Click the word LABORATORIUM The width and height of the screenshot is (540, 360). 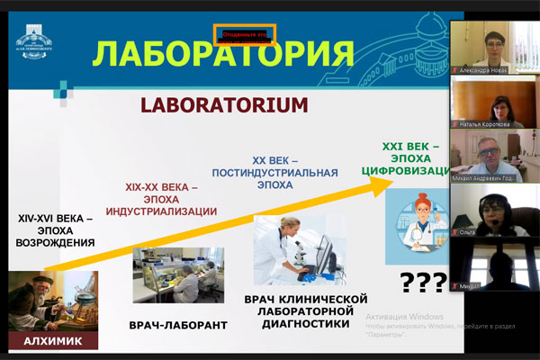[223, 105]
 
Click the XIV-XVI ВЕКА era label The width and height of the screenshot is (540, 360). [55, 229]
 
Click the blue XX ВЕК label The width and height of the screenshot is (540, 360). [270, 165]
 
